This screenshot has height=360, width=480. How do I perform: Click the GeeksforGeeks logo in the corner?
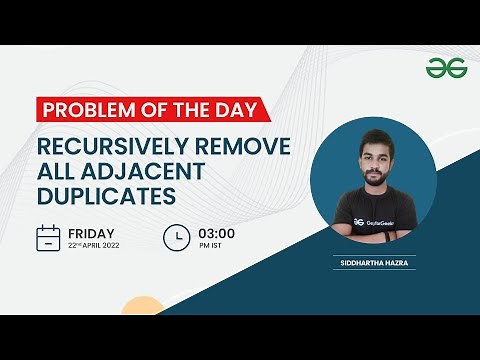click(x=441, y=68)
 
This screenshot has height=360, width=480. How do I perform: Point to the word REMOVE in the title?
click(x=244, y=147)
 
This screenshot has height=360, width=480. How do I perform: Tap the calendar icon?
click(x=48, y=238)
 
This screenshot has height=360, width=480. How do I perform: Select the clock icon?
click(x=176, y=238)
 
